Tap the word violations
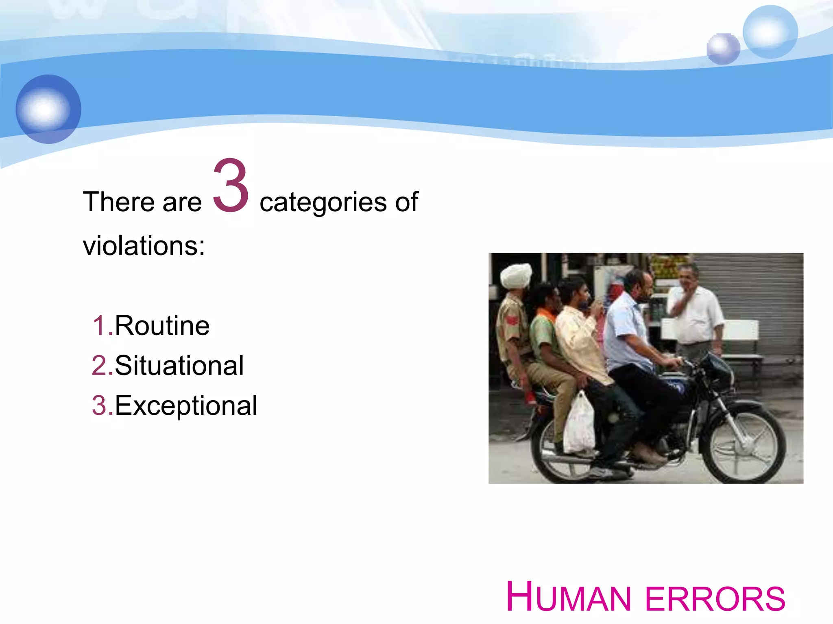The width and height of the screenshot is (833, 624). point(143,246)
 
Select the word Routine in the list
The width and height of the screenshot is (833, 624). point(162,326)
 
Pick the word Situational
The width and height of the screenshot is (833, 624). point(179,366)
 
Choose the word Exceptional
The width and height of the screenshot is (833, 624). point(186,405)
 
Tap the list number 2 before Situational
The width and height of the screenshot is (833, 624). point(99,366)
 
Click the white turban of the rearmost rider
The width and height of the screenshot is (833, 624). point(516,275)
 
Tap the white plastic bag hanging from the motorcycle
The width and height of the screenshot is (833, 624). point(579,425)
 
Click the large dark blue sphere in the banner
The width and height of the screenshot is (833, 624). point(48,109)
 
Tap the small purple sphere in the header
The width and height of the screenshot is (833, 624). point(723,49)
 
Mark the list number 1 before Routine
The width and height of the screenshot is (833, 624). point(99,326)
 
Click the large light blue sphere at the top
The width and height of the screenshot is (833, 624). point(770,32)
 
